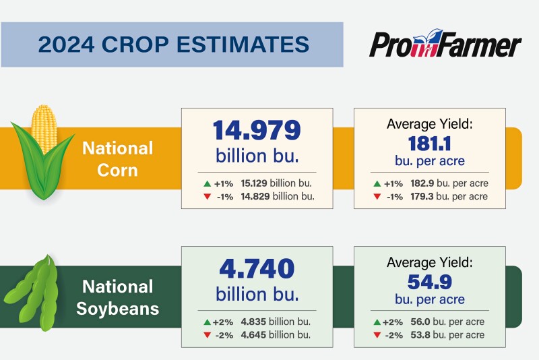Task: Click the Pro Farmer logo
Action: click(x=445, y=45)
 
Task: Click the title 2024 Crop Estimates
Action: click(x=173, y=44)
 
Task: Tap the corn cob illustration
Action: click(x=44, y=152)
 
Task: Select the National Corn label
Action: click(x=118, y=158)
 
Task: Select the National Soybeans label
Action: click(x=118, y=298)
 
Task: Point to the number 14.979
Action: click(x=257, y=130)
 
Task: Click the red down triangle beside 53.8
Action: click(x=377, y=335)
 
